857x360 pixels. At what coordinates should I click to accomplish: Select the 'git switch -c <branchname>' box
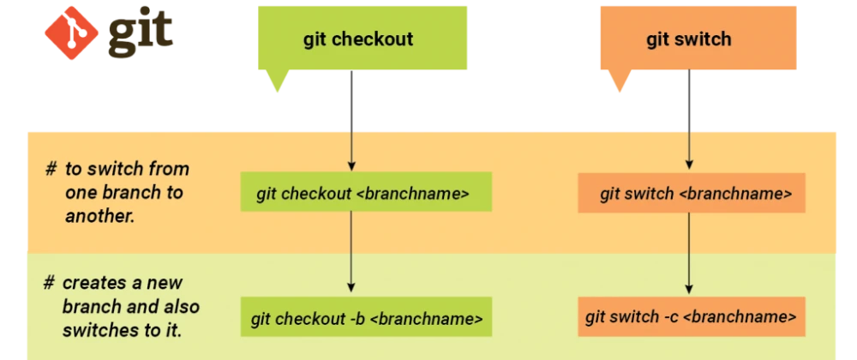692,317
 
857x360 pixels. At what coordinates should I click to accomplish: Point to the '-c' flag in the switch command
673,317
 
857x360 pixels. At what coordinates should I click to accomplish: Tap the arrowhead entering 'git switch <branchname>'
689,165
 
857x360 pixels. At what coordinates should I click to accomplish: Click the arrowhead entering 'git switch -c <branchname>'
689,289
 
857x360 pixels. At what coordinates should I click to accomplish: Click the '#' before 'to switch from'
51,169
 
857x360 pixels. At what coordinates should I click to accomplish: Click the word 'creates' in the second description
89,283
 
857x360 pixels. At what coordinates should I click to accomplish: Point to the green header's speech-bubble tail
276,84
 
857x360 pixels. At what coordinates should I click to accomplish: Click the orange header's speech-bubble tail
620,84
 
